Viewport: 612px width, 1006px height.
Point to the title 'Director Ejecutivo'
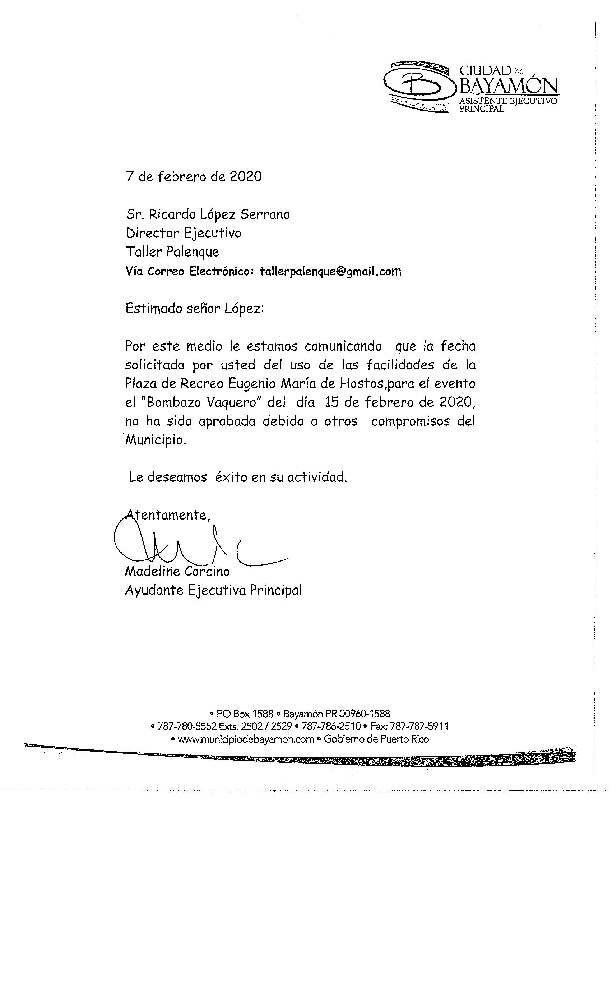184,233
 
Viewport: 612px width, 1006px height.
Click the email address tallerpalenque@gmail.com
330,272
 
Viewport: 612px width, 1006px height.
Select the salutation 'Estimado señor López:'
195,308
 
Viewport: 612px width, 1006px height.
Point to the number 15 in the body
332,402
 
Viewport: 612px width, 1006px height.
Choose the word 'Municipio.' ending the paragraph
156,440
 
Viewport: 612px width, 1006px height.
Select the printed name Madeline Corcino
177,571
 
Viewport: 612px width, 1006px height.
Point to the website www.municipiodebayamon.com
246,739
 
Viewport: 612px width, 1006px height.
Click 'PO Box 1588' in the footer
245,714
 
